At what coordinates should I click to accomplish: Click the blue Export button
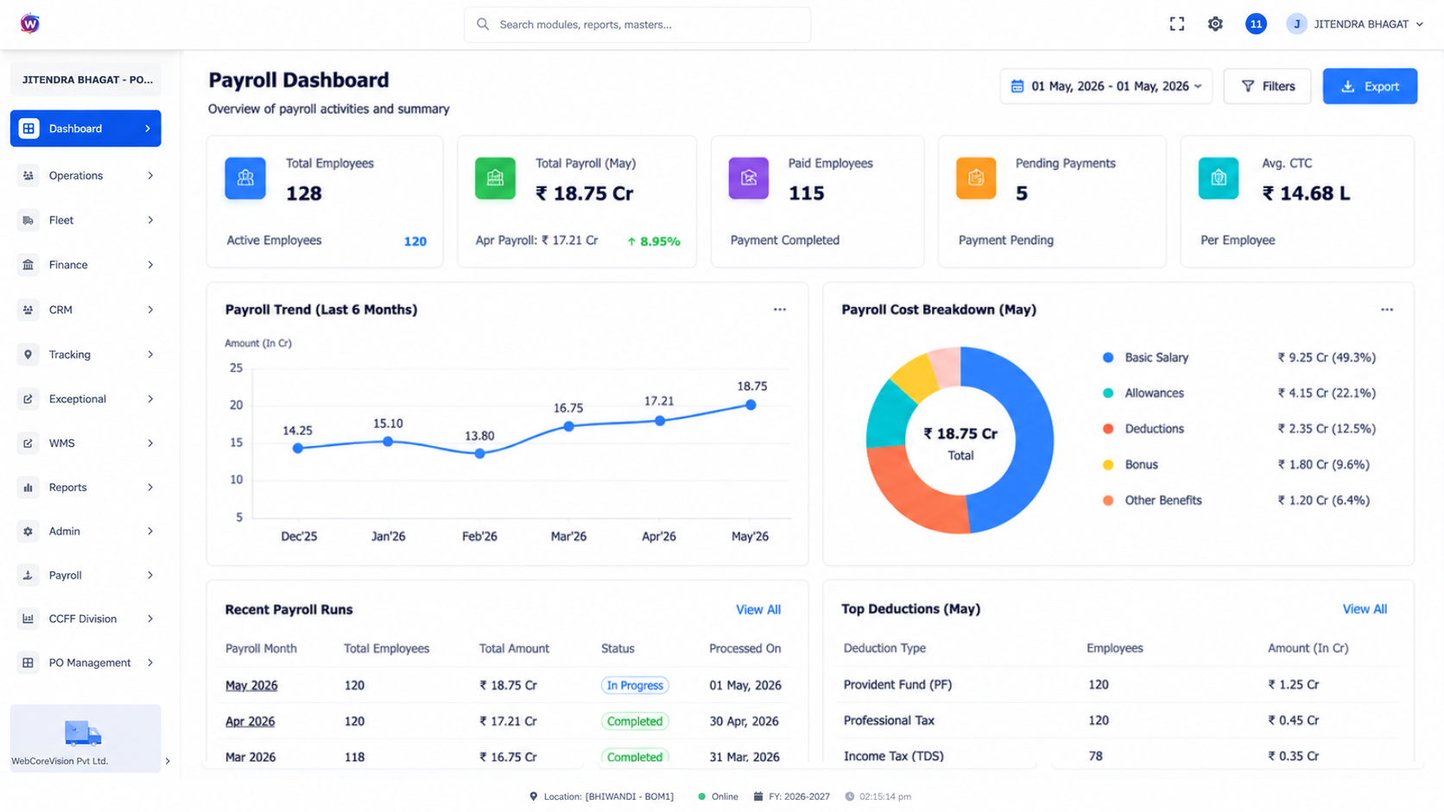(1370, 86)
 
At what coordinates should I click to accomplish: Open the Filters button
(1267, 86)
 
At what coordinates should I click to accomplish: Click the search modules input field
(637, 24)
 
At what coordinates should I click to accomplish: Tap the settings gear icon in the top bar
(1215, 24)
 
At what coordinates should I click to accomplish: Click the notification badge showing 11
(1255, 24)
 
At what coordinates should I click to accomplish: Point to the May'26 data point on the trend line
(750, 405)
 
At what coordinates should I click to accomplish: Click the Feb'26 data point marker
(479, 453)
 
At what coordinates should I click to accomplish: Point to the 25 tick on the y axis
(236, 368)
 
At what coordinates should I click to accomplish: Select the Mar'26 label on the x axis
(568, 537)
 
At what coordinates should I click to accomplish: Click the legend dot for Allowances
(1108, 393)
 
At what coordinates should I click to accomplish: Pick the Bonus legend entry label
(1141, 464)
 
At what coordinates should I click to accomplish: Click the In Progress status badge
(635, 685)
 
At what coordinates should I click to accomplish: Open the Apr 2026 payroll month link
(250, 721)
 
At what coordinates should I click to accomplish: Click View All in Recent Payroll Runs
(758, 610)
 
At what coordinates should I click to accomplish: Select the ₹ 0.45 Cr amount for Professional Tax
(1293, 721)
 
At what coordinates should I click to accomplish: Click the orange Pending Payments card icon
(976, 178)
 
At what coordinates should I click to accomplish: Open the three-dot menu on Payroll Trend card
(780, 310)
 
